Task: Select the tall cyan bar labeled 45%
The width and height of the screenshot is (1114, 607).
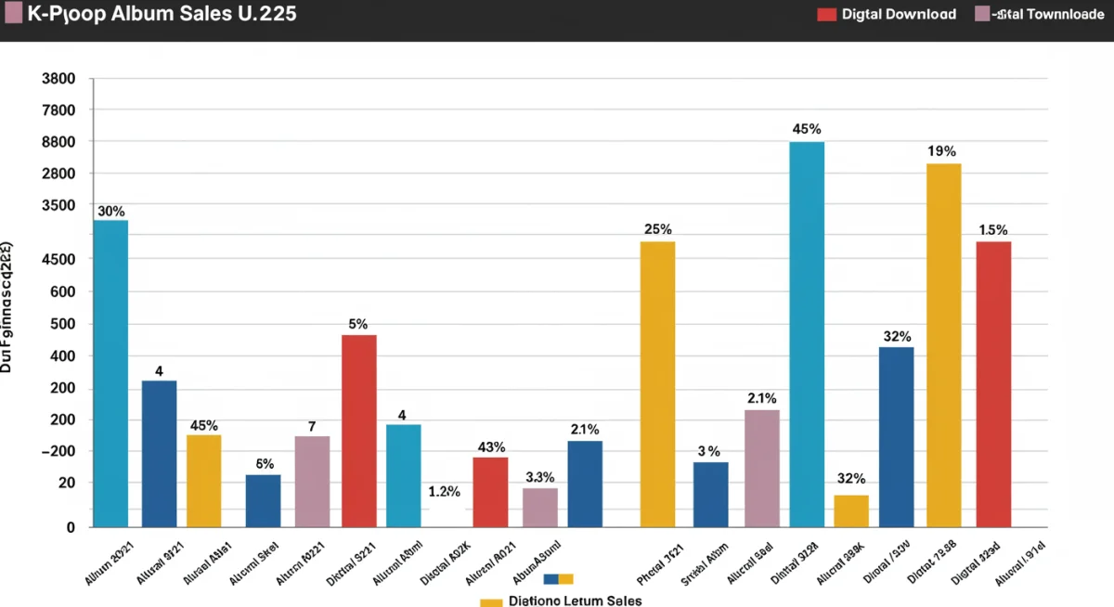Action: [x=807, y=334]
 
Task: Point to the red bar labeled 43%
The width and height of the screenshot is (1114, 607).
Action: [x=490, y=492]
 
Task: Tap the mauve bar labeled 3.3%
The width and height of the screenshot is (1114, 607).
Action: [x=540, y=507]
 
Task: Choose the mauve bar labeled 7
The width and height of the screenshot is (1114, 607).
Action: [x=312, y=481]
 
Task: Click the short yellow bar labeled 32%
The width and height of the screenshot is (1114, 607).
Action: [x=851, y=510]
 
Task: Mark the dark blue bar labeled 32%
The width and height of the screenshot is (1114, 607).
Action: [x=896, y=436]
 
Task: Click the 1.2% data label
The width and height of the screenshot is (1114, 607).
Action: [x=445, y=492]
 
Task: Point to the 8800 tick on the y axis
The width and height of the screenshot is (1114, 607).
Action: [x=58, y=142]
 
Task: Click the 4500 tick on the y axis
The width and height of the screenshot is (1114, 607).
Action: [x=58, y=260]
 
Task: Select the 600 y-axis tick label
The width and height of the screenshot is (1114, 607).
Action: [x=62, y=292]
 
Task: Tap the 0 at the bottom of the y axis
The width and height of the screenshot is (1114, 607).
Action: [x=70, y=526]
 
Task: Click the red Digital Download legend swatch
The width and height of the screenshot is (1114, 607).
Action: [x=826, y=14]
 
